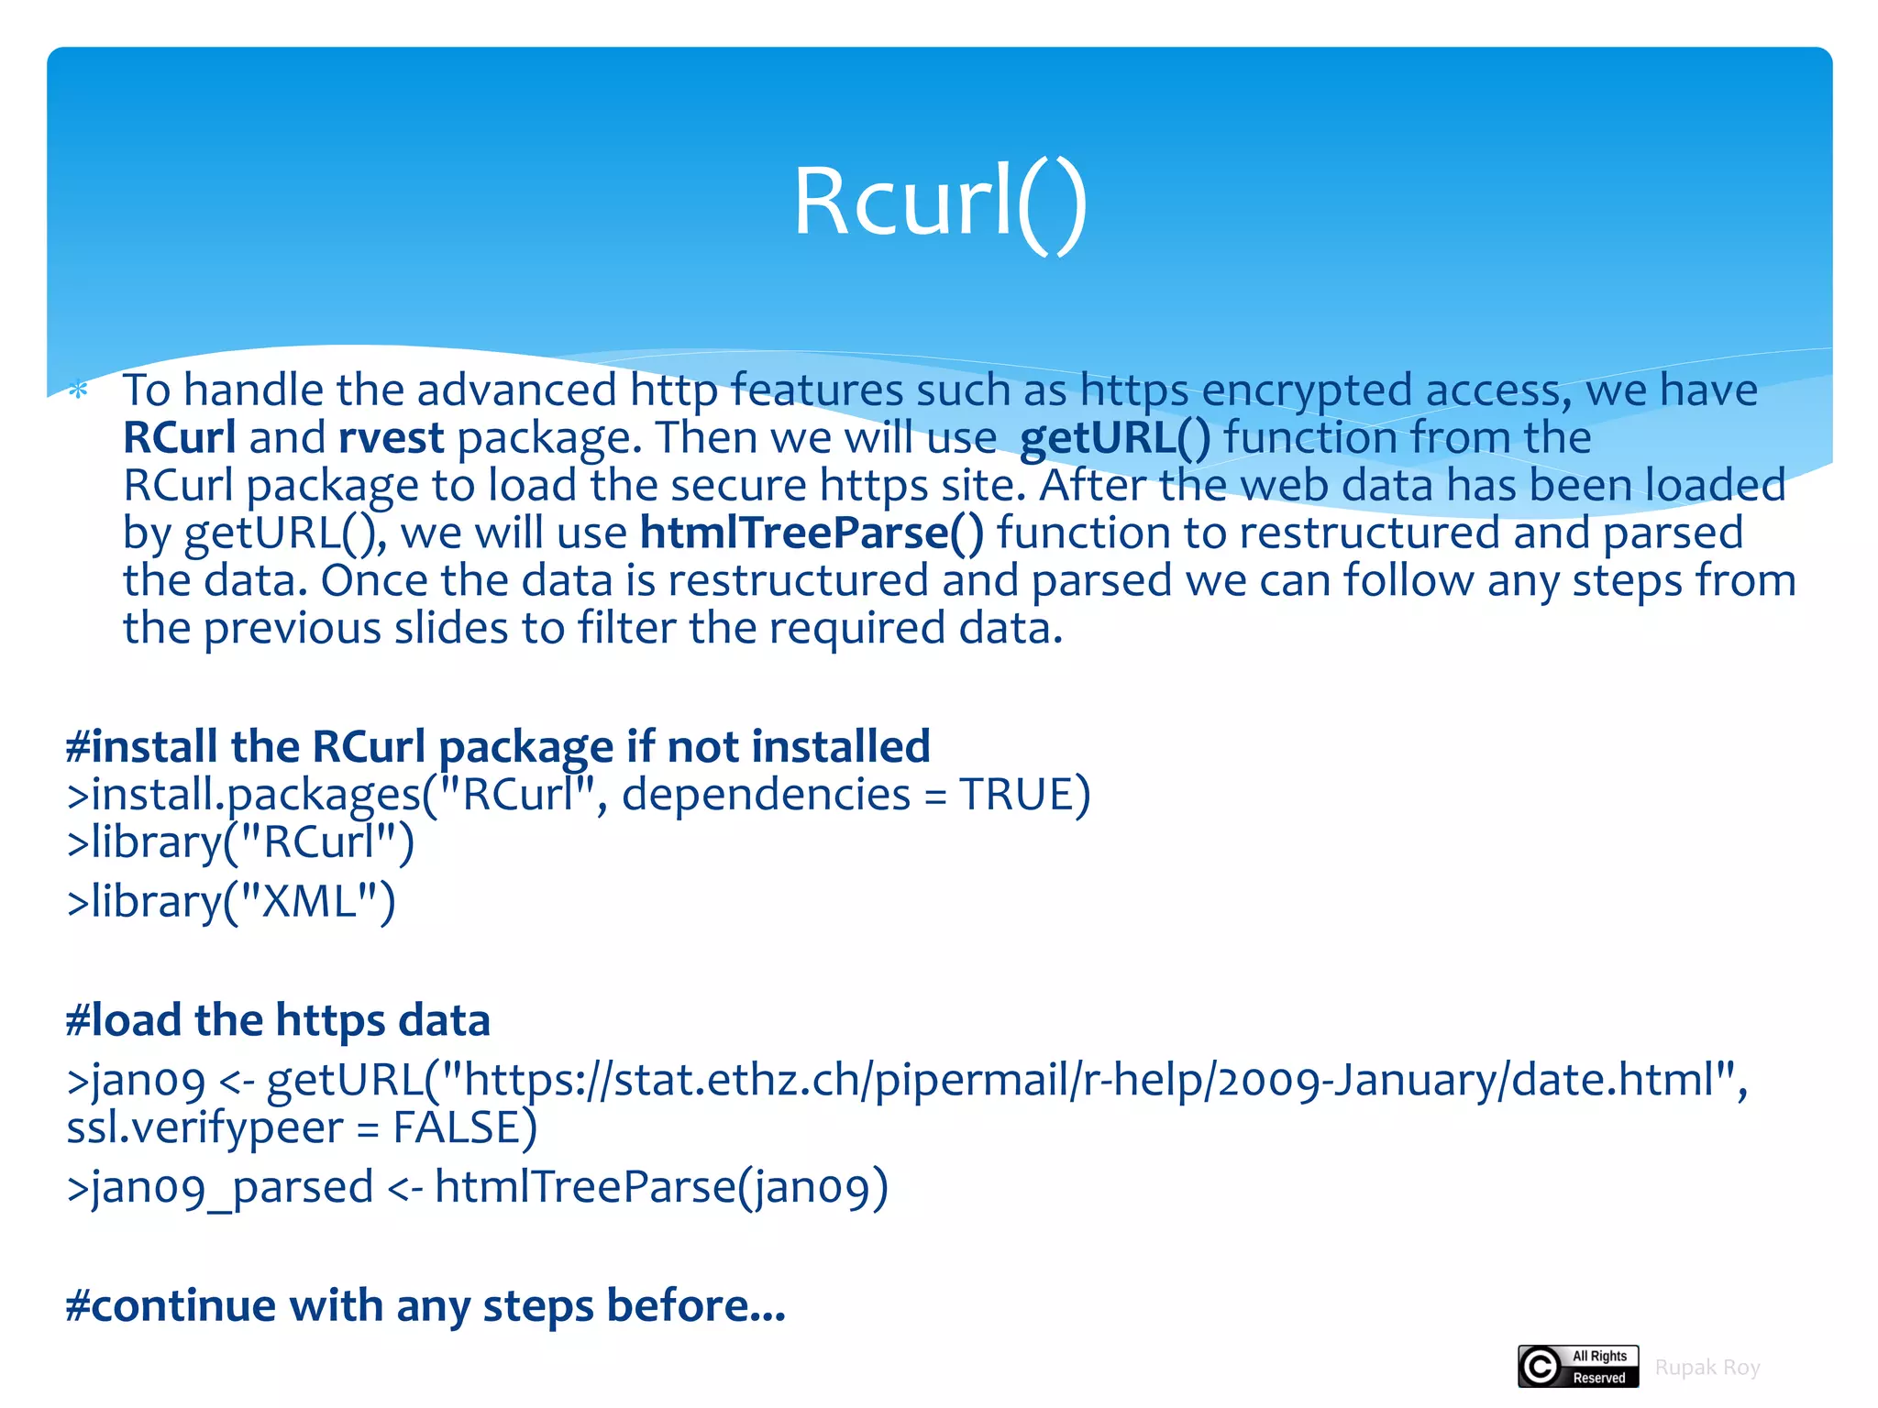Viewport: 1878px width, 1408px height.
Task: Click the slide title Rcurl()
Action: tap(940, 202)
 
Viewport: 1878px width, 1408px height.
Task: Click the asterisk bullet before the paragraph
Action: tap(79, 391)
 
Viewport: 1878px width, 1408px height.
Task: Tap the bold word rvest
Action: tap(392, 438)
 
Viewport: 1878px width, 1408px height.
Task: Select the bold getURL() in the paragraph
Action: tap(1114, 438)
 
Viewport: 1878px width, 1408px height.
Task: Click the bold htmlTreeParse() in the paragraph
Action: tap(812, 533)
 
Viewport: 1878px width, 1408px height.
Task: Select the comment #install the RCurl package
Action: tap(498, 746)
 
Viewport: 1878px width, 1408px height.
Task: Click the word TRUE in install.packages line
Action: tap(1016, 794)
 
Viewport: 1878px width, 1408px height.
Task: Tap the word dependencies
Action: tap(766, 794)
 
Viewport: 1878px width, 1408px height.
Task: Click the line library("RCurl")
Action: tap(240, 841)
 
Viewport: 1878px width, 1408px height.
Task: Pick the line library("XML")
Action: tap(231, 902)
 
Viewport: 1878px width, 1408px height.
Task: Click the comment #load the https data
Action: tap(278, 1020)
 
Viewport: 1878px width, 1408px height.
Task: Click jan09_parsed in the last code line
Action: tap(220, 1188)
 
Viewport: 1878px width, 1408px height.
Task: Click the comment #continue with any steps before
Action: tap(425, 1305)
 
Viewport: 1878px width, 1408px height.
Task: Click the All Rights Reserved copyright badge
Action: tap(1577, 1367)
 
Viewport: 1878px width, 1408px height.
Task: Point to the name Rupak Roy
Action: tap(1707, 1368)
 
